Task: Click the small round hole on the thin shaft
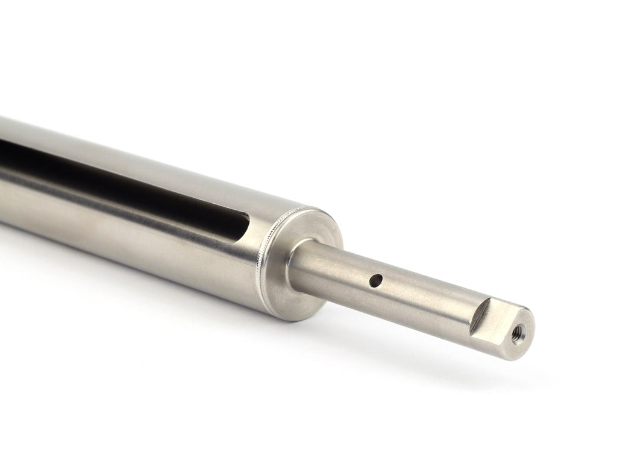pyautogui.click(x=376, y=280)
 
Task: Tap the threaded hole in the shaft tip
pyautogui.click(x=516, y=331)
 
